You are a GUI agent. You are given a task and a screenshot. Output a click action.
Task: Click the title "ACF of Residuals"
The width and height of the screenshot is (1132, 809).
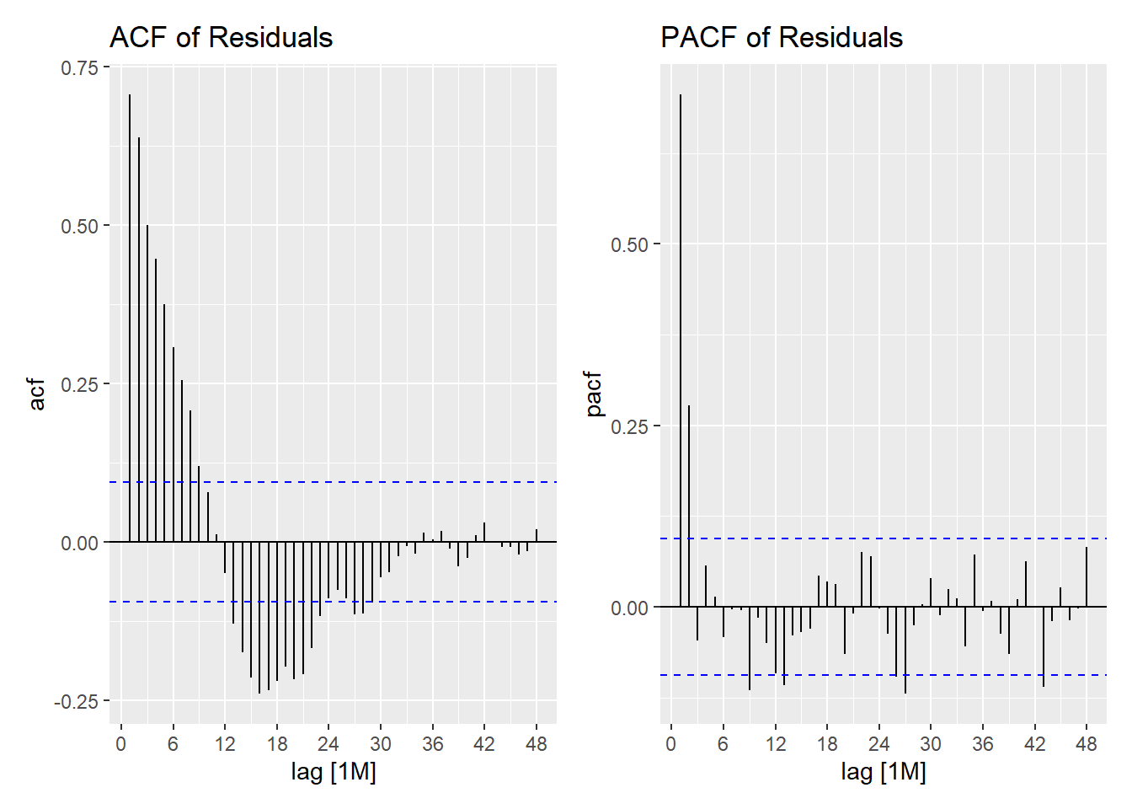tap(221, 37)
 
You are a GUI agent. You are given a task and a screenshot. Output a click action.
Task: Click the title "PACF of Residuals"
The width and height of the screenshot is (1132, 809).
tap(781, 37)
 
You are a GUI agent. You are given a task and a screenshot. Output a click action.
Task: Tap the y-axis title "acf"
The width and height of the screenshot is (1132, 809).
tap(37, 394)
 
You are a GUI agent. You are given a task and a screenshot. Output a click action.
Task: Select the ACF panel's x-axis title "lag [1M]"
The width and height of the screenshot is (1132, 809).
tap(334, 771)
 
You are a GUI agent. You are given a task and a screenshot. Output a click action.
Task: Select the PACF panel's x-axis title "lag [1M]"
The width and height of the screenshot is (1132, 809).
tap(884, 771)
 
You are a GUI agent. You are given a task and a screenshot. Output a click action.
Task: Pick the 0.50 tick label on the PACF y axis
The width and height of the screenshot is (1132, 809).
tap(629, 244)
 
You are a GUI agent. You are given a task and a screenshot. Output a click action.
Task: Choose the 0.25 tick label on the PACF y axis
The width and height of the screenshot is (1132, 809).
tap(629, 426)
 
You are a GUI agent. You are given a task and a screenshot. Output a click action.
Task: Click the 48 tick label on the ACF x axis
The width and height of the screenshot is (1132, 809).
tap(536, 744)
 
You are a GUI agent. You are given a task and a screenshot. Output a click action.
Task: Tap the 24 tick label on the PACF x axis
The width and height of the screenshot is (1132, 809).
tap(878, 744)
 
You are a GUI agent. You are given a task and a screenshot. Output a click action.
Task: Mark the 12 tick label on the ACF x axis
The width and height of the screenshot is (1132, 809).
tap(225, 744)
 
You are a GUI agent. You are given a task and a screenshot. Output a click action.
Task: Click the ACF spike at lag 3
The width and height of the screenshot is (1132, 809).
tap(147, 379)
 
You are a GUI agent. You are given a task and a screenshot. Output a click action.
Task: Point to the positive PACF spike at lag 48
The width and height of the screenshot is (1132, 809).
tap(1087, 577)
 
